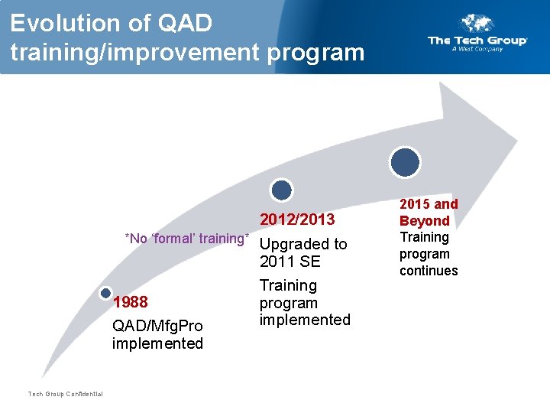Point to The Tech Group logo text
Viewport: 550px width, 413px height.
pyautogui.click(x=477, y=41)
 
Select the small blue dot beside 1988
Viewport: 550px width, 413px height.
pyautogui.click(x=105, y=293)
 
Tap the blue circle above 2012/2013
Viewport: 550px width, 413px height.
pyautogui.click(x=282, y=190)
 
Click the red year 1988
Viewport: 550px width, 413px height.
pyautogui.click(x=130, y=302)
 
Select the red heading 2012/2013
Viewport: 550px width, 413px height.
pyautogui.click(x=297, y=220)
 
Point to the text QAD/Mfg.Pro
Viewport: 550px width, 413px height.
pyautogui.click(x=157, y=327)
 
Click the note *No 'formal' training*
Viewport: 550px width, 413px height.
pyautogui.click(x=187, y=239)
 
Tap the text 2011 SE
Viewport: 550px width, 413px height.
pyautogui.click(x=290, y=262)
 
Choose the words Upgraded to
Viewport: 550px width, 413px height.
pyautogui.click(x=303, y=244)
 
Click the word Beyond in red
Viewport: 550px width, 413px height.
pyautogui.click(x=425, y=220)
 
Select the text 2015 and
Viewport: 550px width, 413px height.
pyautogui.click(x=429, y=204)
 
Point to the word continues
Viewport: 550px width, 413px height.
pyautogui.click(x=429, y=271)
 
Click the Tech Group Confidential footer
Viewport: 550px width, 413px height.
pyautogui.click(x=65, y=394)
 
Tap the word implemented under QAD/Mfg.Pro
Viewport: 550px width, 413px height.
pyautogui.click(x=157, y=343)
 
